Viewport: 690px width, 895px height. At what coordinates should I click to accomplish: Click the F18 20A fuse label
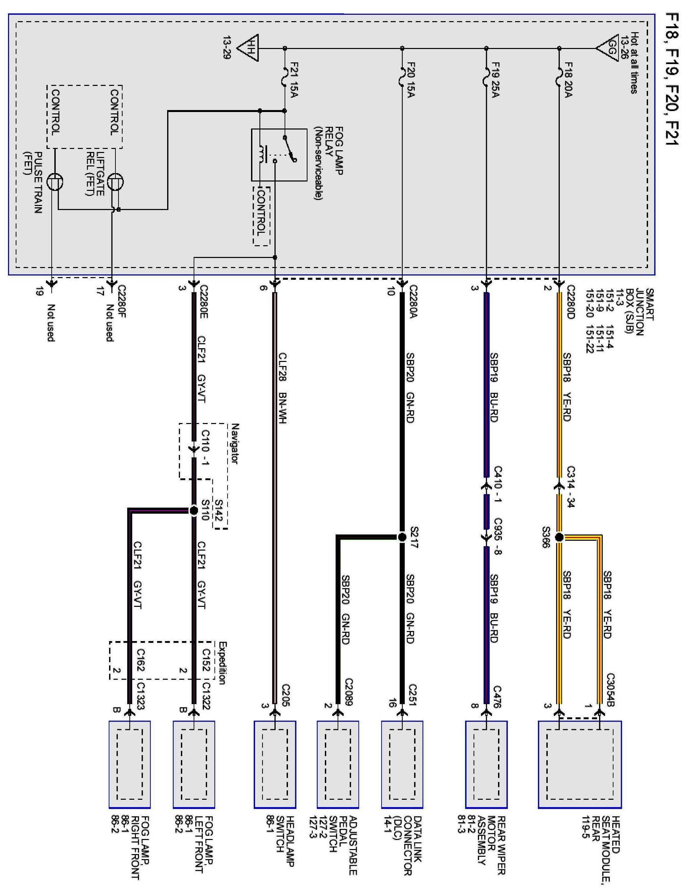568,80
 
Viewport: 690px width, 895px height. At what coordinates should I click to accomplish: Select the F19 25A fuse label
495,80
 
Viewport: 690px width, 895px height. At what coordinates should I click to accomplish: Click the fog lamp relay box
279,155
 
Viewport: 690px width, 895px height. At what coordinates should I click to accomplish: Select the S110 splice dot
194,511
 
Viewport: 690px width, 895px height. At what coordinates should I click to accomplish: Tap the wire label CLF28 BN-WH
282,388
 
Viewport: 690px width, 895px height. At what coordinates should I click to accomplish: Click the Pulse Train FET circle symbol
54,181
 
